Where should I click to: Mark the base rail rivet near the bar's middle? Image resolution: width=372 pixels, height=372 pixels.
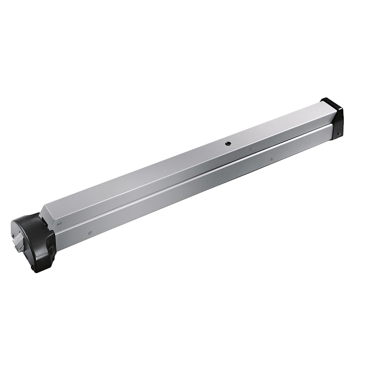pos(272,159)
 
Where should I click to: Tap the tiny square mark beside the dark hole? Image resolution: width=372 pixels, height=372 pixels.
pos(250,150)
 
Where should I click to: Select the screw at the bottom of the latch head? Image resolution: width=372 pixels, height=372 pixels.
pos(33,268)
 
